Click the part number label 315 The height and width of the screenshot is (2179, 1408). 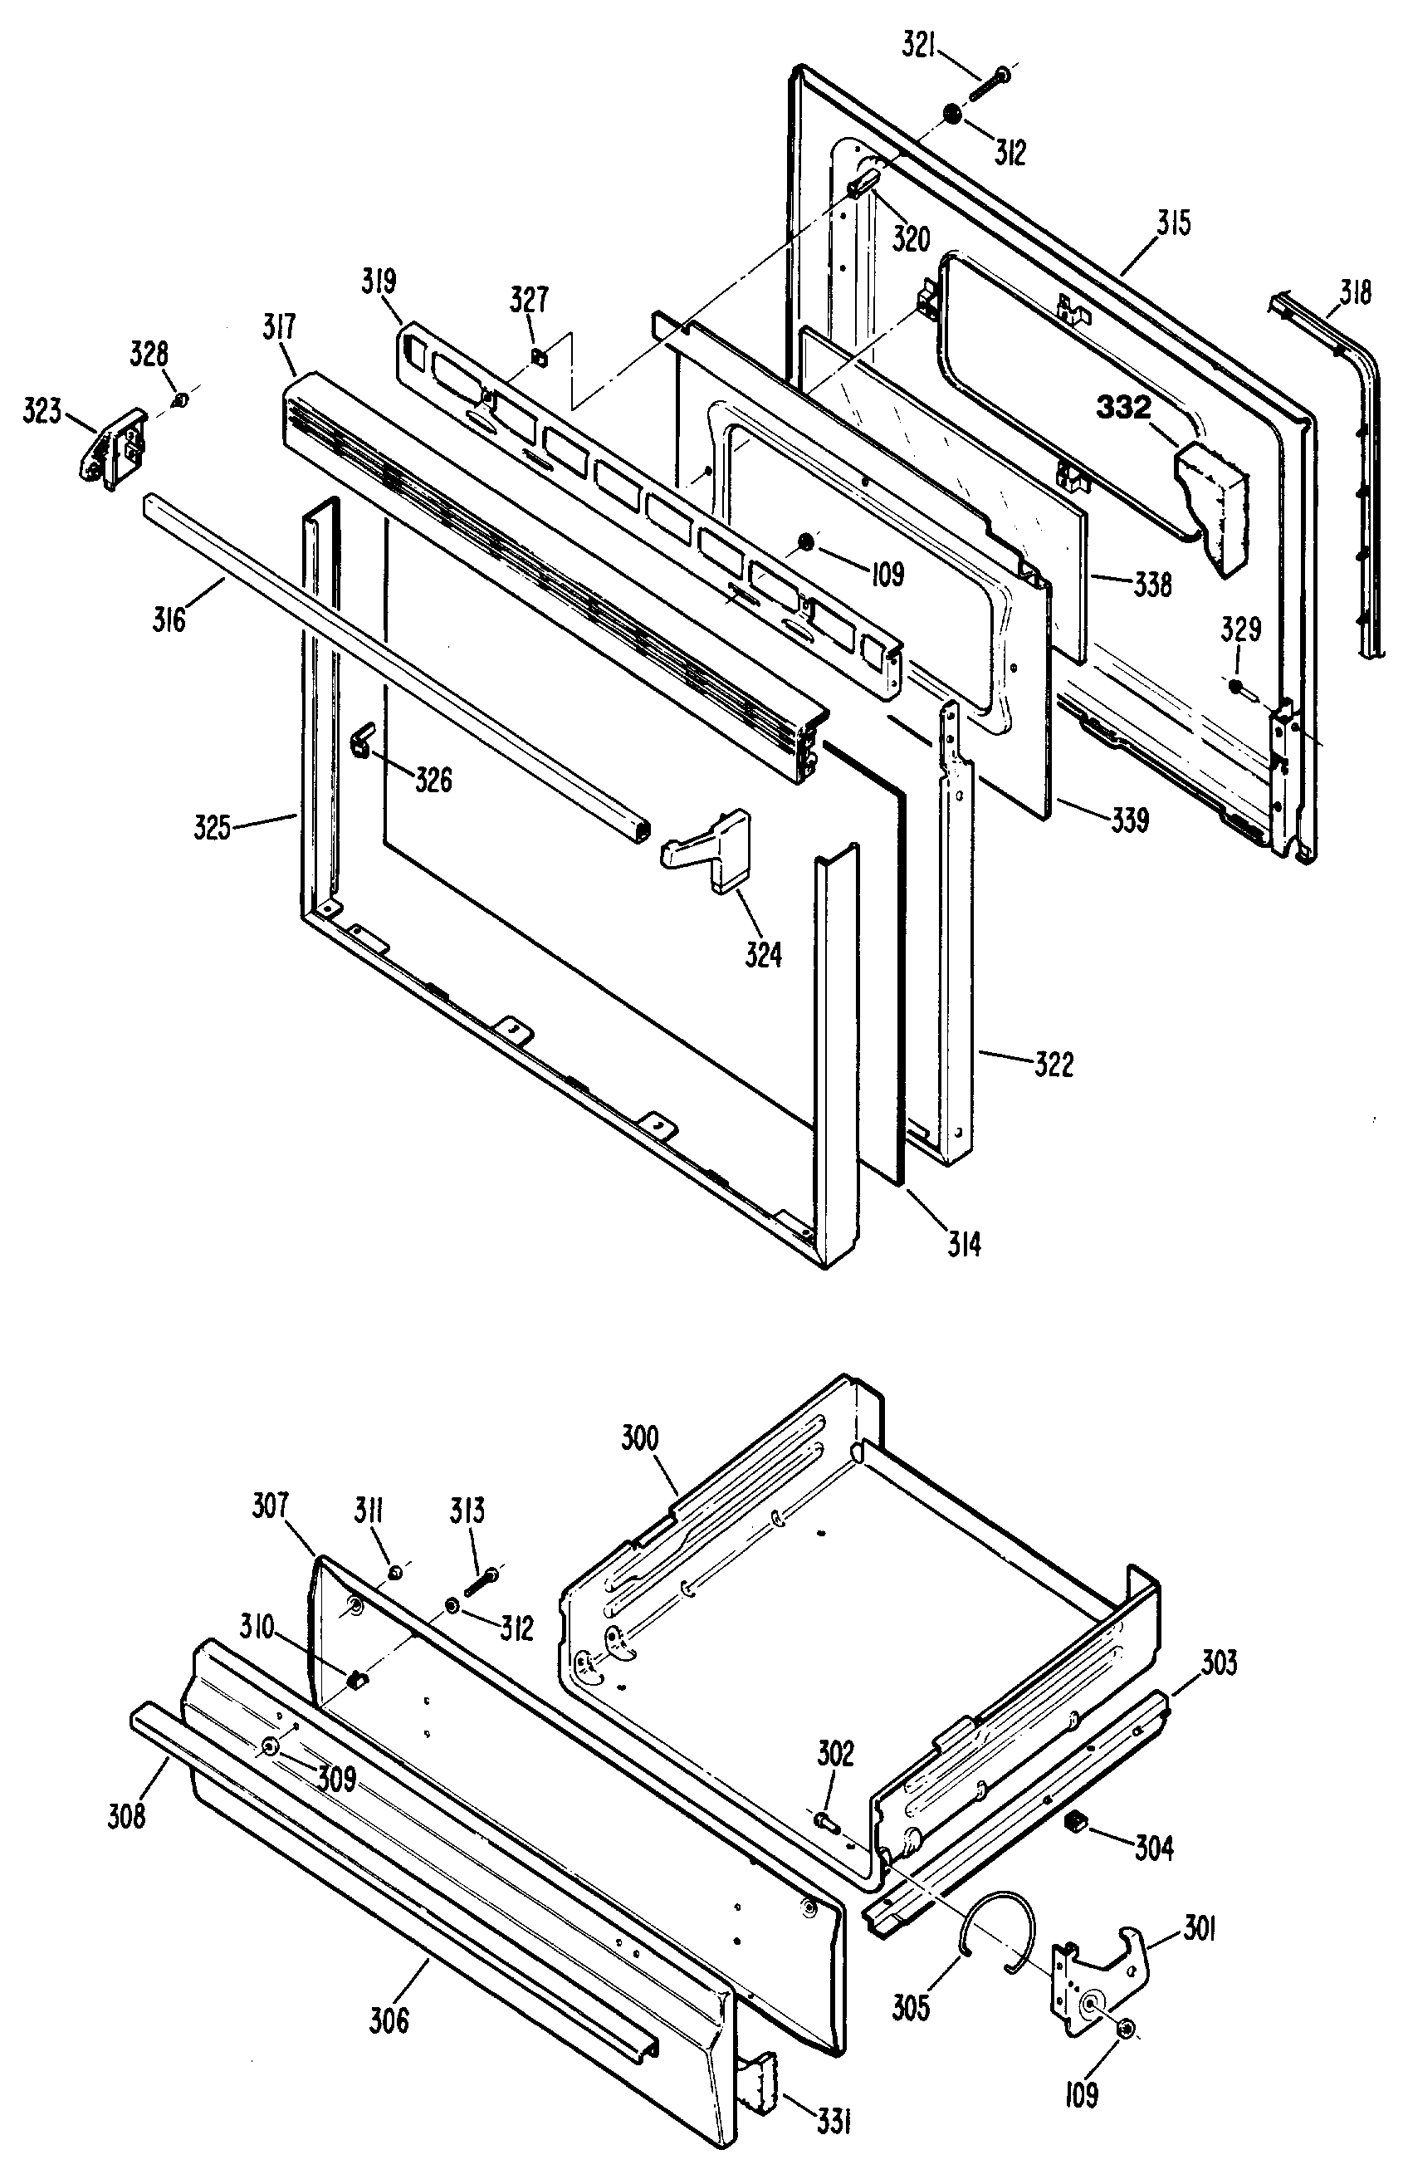click(x=1173, y=223)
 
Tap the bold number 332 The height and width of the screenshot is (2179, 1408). click(x=1123, y=407)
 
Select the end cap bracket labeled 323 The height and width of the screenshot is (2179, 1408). click(x=111, y=448)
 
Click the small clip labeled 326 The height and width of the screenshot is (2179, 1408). click(x=362, y=738)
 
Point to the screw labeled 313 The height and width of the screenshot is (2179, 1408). click(x=482, y=1582)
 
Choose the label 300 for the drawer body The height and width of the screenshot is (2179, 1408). click(x=640, y=1438)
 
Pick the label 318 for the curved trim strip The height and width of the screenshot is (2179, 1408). click(x=1355, y=292)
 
